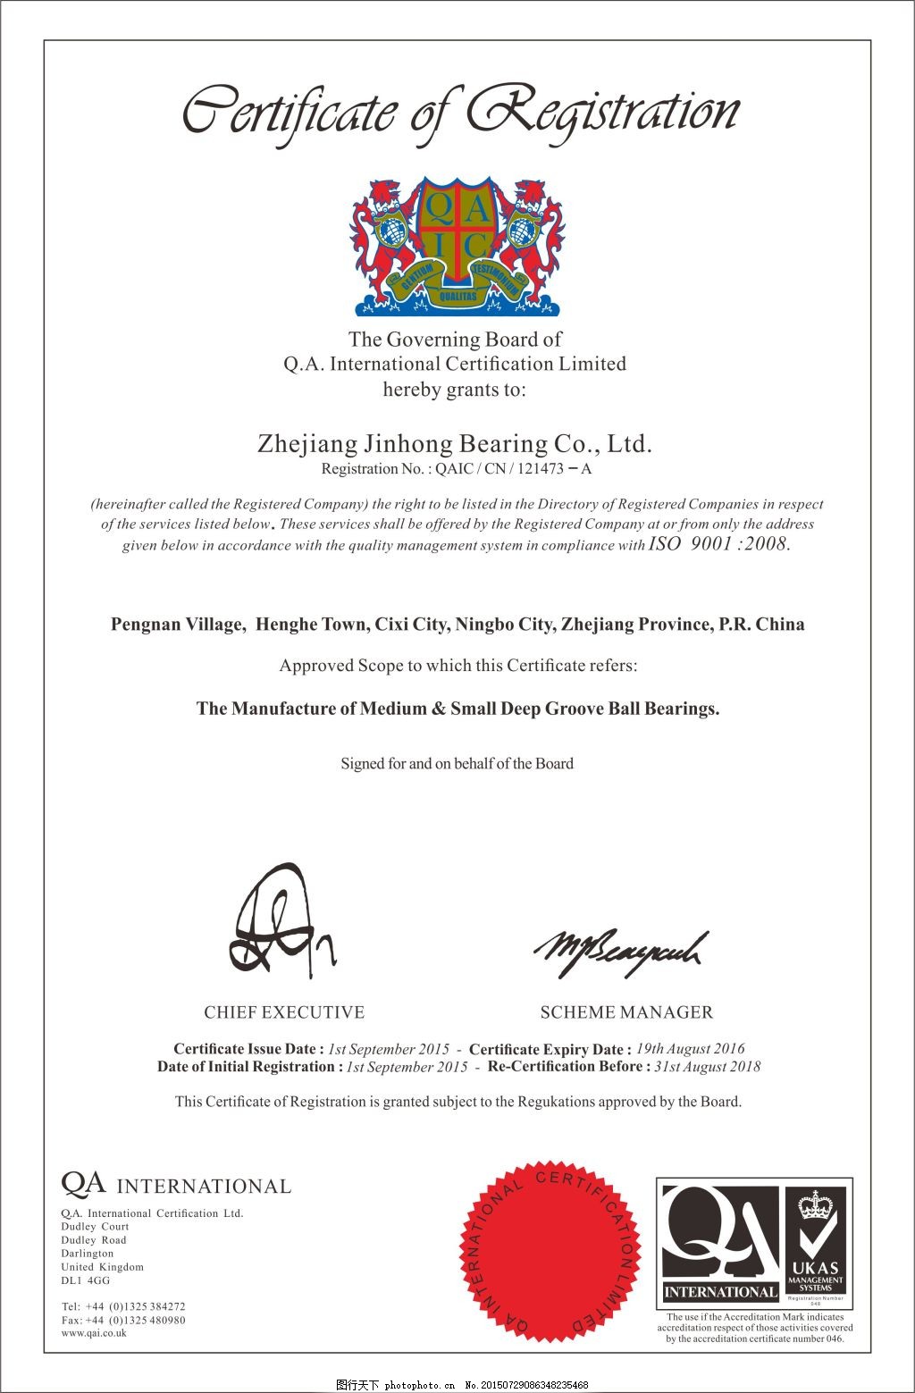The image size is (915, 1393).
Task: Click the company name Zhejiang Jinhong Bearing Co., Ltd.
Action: click(x=455, y=444)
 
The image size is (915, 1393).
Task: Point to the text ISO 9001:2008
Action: click(x=718, y=544)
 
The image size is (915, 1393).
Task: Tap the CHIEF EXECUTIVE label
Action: click(x=284, y=1012)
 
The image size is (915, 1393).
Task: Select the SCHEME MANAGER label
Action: click(x=626, y=1012)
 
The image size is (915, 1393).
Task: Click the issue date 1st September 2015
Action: click(x=389, y=1049)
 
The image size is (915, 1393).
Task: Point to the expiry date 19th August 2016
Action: click(x=690, y=1049)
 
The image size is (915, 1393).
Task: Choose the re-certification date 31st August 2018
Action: click(x=708, y=1066)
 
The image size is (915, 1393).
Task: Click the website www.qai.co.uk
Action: click(x=94, y=1333)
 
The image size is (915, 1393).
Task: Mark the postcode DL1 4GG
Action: click(x=86, y=1280)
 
